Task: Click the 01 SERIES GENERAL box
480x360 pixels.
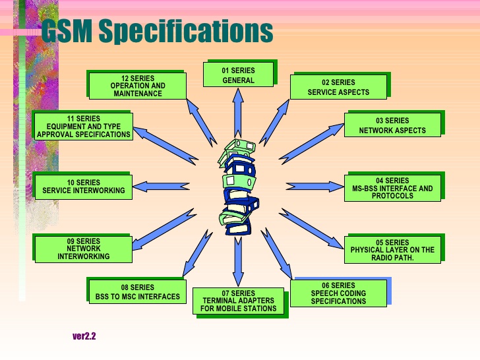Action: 238,75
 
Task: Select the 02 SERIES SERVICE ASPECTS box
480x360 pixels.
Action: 338,87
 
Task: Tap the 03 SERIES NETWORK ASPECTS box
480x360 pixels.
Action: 392,125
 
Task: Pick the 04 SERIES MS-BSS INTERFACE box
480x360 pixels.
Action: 392,188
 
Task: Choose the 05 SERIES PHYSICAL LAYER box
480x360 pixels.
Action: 392,250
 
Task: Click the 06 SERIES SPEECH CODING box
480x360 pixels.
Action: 338,293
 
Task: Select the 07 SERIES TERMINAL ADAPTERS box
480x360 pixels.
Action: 238,301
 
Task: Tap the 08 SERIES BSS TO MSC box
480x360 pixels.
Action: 137,291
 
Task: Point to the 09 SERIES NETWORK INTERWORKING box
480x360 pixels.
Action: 84,249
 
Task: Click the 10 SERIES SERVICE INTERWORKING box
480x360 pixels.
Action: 84,187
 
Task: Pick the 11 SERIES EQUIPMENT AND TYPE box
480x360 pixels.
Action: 84,127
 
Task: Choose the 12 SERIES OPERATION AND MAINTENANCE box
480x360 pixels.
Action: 137,86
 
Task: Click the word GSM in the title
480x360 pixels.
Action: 67,30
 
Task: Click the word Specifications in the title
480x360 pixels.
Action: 186,30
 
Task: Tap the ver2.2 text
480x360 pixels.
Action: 84,336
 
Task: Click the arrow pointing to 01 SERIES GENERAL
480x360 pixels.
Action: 238,113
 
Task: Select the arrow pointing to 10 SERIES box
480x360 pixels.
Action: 161,187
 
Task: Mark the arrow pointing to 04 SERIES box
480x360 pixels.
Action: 315,187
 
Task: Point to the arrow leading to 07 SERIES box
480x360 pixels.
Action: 238,261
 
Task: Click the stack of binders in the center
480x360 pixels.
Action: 239,187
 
